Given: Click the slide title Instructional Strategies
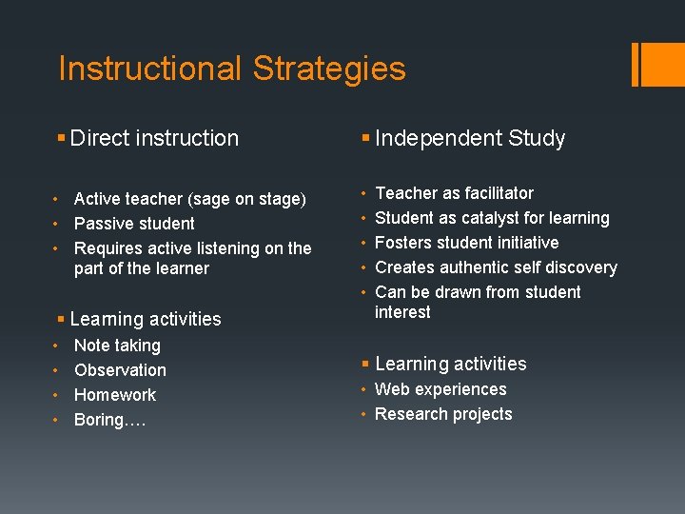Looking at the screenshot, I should click(x=232, y=69).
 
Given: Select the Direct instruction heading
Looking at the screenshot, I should click(x=154, y=138).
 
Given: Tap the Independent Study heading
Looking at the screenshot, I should click(x=470, y=138).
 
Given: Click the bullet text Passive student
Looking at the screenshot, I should click(x=134, y=224).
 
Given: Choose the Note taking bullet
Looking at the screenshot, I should click(x=117, y=346).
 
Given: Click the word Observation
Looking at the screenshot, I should click(x=120, y=370).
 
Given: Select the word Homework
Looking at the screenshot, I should click(x=115, y=395).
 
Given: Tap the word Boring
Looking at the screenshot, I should click(x=101, y=420).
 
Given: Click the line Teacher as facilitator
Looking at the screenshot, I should click(x=454, y=193).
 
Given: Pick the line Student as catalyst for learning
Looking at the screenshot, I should click(x=492, y=218).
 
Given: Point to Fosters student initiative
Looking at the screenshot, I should click(x=466, y=243).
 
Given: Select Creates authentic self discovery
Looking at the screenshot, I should click(x=496, y=267).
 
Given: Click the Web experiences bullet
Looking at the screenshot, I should click(x=440, y=389).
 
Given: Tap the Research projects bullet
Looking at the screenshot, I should click(x=443, y=414).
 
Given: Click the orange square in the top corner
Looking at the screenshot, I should click(x=660, y=64).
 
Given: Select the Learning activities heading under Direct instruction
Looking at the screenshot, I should click(x=146, y=319).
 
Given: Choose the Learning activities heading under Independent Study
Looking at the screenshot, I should click(x=450, y=364).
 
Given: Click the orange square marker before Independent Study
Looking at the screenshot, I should click(x=365, y=139).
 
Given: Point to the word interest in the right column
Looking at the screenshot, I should click(x=402, y=312).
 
